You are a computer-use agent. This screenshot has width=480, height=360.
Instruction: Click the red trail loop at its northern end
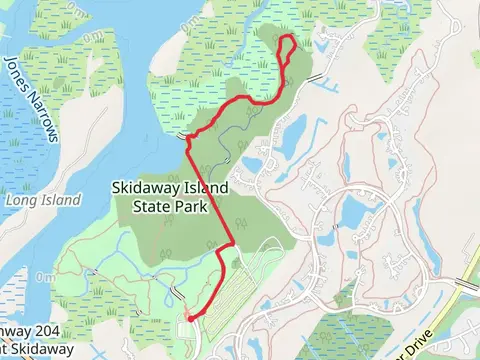[285, 37]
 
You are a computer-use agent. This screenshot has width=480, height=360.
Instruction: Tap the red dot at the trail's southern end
[187, 317]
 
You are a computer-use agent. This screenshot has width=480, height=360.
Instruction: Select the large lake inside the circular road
[355, 211]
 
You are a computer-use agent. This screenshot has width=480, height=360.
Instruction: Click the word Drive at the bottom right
[421, 334]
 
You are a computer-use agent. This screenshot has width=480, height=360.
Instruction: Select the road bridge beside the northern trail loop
[316, 77]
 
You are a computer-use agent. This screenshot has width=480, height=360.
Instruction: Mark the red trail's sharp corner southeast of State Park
[233, 241]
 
